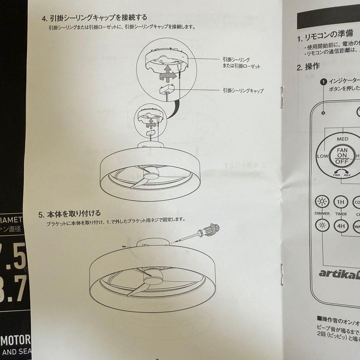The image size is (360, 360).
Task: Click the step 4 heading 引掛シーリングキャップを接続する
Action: point(94,17)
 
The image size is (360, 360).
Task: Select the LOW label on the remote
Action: point(322,156)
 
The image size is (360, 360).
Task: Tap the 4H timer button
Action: point(341,226)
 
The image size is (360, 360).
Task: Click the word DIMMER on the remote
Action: point(322,213)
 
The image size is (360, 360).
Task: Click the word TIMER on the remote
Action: point(341,214)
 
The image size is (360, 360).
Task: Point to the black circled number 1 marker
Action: point(323,81)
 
